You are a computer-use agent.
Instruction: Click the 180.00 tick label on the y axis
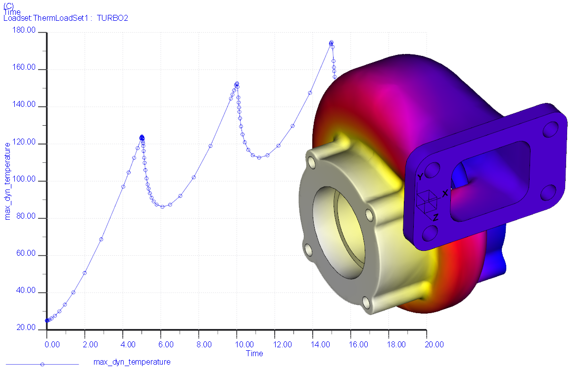25,31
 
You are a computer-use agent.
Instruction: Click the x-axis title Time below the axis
254,354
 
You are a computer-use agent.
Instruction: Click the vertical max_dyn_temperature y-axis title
7,181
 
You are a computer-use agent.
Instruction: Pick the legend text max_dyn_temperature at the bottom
132,362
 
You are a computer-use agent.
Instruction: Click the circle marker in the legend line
42,365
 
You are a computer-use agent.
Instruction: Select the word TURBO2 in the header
112,18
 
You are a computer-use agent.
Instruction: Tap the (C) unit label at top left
8,5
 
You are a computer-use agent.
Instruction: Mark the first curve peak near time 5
142,137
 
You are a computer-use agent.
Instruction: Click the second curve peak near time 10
237,84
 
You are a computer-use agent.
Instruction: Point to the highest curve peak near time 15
331,43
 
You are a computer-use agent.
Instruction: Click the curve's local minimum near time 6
162,206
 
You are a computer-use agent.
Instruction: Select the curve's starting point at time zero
47,321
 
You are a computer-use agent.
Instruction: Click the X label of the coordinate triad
445,193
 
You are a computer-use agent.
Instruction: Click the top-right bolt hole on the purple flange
550,130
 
